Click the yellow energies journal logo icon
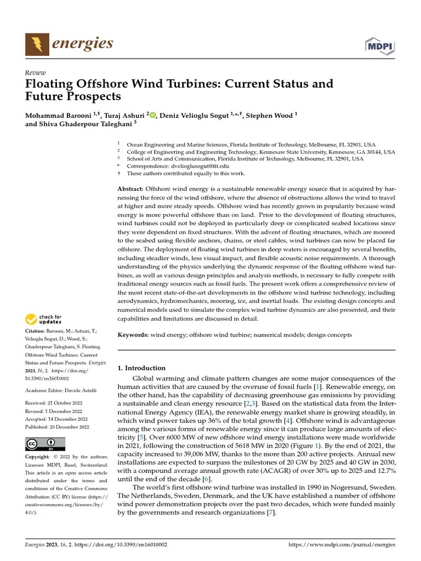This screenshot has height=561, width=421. [36, 43]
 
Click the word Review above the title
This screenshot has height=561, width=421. [36, 73]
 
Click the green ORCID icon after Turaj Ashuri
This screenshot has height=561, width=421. [152, 115]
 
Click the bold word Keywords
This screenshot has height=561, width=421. [133, 335]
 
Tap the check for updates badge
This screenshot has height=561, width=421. [44, 319]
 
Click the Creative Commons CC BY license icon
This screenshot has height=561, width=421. [45, 444]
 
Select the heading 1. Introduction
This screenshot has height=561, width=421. [141, 368]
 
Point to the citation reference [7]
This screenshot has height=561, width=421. [270, 512]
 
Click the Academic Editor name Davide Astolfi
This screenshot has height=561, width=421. [80, 390]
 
